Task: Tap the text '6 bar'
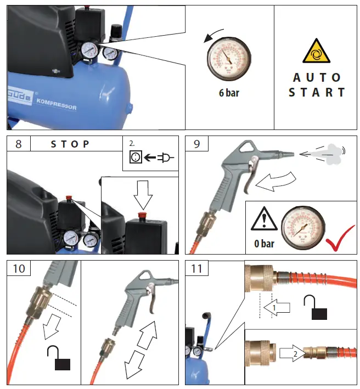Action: pyautogui.click(x=229, y=93)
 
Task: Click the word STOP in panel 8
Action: pyautogui.click(x=70, y=144)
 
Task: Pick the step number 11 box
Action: pyautogui.click(x=197, y=269)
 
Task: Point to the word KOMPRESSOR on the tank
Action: pyautogui.click(x=57, y=104)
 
